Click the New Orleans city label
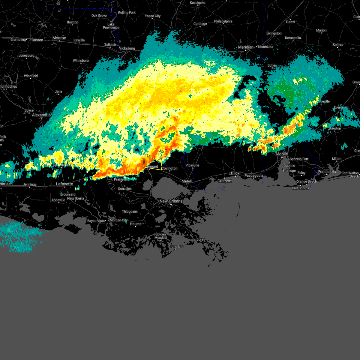pyautogui.click(x=171, y=201)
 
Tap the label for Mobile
pyautogui.click(x=282, y=154)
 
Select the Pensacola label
pyautogui.click(x=327, y=172)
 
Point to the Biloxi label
pyautogui.click(x=235, y=173)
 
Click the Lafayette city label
pyautogui.click(x=64, y=184)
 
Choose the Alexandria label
pyautogui.click(x=41, y=115)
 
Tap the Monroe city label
pyautogui.click(x=59, y=38)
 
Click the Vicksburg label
pyautogui.click(x=127, y=48)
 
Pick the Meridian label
pyautogui.click(x=246, y=47)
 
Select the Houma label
pyautogui.click(x=136, y=224)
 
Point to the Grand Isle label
pyautogui.click(x=175, y=247)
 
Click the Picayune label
pyautogui.click(x=192, y=165)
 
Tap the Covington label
pyautogui.click(x=170, y=168)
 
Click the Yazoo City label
pyautogui.click(x=153, y=16)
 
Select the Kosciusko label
pyautogui.click(x=197, y=3)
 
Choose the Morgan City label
pyautogui.click(x=118, y=220)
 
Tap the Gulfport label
pyautogui.click(x=224, y=181)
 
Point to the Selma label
pyautogui.click(x=337, y=45)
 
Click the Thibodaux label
pyautogui.click(x=130, y=211)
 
